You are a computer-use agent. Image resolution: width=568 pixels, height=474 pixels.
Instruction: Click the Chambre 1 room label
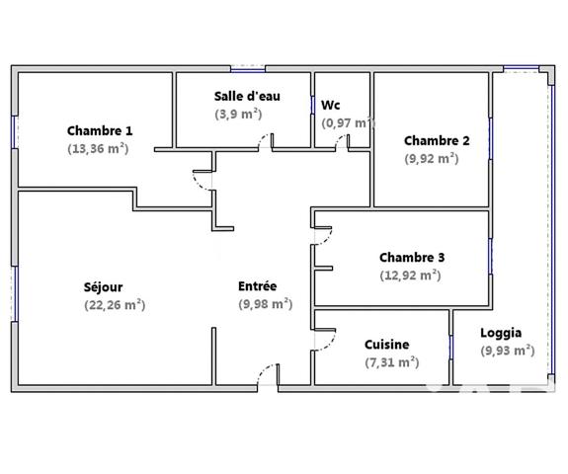pos(100,130)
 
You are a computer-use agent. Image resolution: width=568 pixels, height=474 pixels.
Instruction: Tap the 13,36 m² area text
pos(98,149)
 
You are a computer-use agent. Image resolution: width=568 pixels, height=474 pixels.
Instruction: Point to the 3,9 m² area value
pos(238,114)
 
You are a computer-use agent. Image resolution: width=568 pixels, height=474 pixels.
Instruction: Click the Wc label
pos(331,105)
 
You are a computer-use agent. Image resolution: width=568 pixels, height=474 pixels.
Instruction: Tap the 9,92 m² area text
pos(431,158)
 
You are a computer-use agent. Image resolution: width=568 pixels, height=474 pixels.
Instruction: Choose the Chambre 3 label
pos(412,258)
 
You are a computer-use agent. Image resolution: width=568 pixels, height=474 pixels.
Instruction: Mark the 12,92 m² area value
pos(410,276)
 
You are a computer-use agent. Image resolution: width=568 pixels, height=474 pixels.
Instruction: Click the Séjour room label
pos(104,287)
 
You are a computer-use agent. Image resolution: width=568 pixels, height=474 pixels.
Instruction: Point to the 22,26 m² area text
pos(115,305)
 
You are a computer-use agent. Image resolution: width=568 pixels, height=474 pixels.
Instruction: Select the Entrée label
pos(258,286)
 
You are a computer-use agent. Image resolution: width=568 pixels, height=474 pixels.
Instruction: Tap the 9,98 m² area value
pos(265,304)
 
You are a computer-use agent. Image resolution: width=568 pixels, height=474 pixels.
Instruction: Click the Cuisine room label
pos(387,345)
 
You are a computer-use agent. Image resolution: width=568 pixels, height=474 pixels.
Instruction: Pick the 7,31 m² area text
pos(391,362)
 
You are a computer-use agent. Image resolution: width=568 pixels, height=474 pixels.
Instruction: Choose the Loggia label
pos(501,333)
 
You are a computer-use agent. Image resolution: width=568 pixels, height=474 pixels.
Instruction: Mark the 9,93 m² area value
pos(507,351)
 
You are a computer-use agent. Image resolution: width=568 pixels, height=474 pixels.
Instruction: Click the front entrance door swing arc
pos(265,373)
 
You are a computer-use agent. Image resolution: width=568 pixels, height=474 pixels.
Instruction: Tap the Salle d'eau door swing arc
pos(263,141)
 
